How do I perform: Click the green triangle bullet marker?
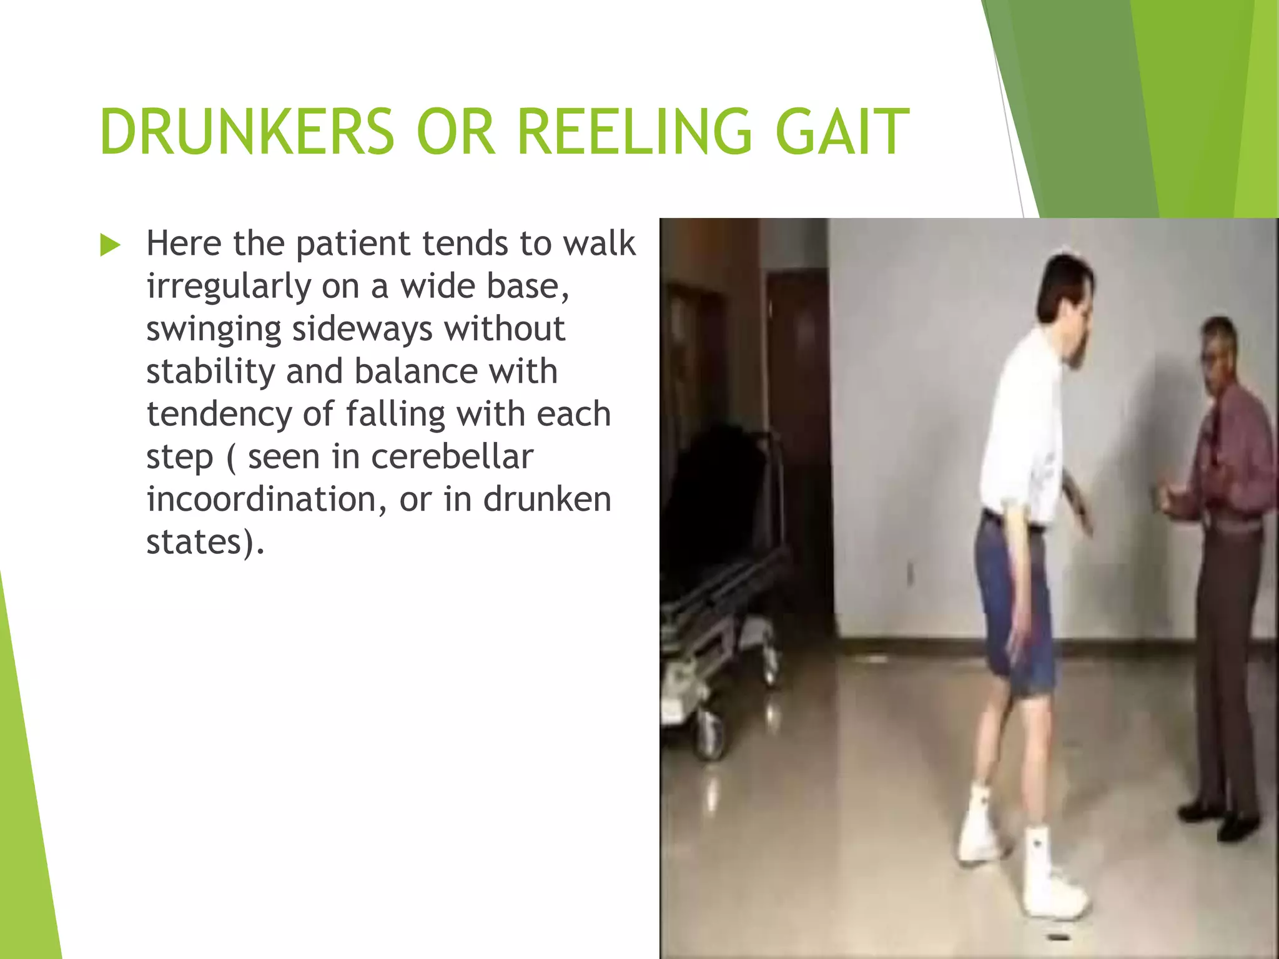pos(109,245)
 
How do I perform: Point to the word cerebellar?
pos(452,456)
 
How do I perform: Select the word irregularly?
pos(228,287)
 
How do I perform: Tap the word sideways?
pos(362,329)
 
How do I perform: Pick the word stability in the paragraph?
pos(210,371)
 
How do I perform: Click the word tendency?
pos(219,414)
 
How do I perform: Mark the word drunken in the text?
pos(547,499)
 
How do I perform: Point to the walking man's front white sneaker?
pos(1052,880)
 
